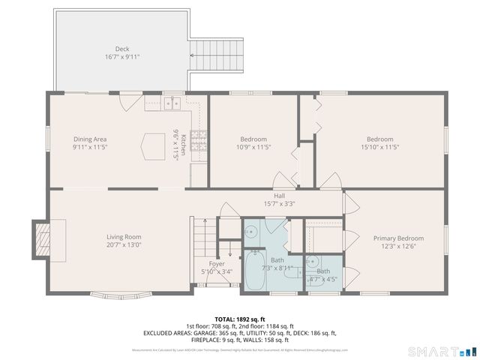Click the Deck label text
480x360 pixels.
click(122, 49)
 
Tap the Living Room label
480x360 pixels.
click(124, 237)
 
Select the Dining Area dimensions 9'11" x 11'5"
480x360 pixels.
click(90, 147)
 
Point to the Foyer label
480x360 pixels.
click(217, 264)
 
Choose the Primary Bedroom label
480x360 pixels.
click(398, 238)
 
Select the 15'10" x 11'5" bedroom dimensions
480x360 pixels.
click(379, 147)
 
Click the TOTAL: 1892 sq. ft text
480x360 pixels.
click(240, 319)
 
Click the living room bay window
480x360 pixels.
click(112, 291)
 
